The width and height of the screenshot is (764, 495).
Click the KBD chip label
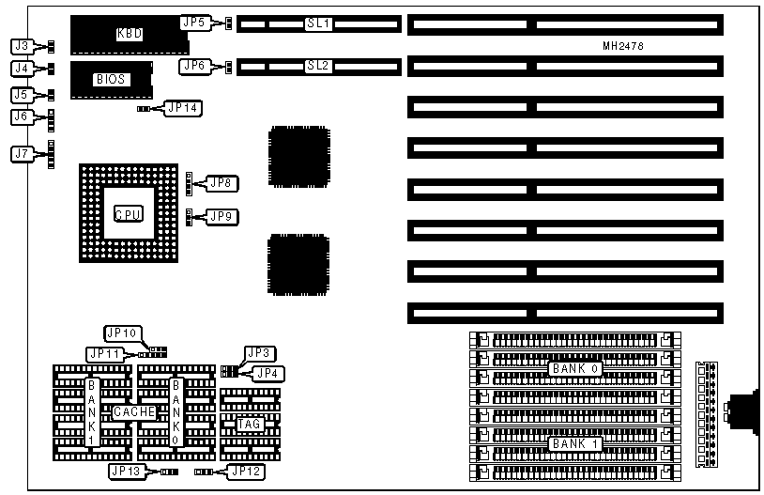pyautogui.click(x=130, y=33)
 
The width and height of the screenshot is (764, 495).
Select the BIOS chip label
pyautogui.click(x=110, y=80)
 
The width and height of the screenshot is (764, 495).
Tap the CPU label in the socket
pyautogui.click(x=128, y=214)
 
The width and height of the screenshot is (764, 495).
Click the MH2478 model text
pyautogui.click(x=622, y=46)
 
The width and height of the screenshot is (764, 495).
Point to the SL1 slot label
pyautogui.click(x=318, y=23)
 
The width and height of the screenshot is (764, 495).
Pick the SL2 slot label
pyautogui.click(x=318, y=66)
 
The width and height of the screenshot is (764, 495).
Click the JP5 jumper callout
pyautogui.click(x=194, y=21)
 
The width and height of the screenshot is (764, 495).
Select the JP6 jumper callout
pyautogui.click(x=194, y=65)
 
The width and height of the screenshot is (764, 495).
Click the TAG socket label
pyautogui.click(x=248, y=424)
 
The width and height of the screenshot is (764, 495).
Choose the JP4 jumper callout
pyautogui.click(x=268, y=373)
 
